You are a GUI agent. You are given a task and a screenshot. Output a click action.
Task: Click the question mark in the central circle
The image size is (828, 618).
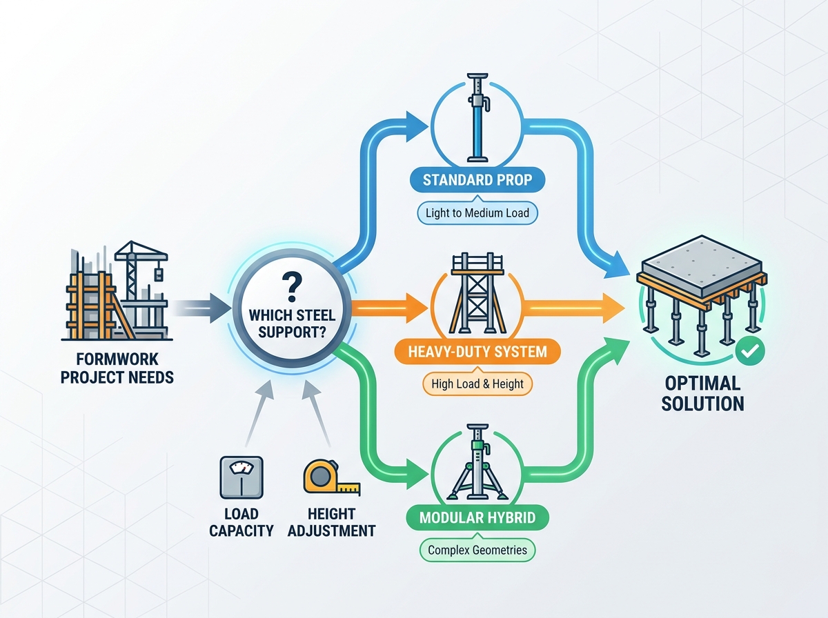292,287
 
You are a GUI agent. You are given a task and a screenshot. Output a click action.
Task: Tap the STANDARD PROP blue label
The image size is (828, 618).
477,180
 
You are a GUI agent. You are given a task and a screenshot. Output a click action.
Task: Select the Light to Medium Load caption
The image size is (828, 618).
477,213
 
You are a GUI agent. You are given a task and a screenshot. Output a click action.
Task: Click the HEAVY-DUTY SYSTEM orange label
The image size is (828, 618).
477,352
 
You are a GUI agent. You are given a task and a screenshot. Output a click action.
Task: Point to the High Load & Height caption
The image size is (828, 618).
477,384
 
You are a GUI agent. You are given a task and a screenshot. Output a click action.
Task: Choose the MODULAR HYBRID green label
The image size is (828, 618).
477,518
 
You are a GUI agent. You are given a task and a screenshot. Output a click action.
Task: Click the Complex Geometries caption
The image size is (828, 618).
477,550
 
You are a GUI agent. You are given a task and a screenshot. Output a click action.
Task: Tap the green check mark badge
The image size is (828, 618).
750,351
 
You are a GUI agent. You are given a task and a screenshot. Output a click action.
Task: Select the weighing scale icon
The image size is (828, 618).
241,477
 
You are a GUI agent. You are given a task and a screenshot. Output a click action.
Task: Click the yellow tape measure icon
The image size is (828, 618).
331,477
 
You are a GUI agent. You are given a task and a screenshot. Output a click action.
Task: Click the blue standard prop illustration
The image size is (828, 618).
477,118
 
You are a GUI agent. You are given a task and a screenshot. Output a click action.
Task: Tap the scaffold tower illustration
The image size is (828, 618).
477,293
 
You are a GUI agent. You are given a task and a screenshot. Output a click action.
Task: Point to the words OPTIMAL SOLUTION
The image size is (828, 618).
702,394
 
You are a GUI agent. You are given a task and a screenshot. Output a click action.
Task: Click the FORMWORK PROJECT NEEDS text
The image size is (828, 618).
117,368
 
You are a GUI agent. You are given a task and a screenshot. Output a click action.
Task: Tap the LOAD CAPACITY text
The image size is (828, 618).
241,522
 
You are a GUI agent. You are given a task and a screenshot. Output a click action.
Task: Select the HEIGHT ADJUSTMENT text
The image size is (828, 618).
332,522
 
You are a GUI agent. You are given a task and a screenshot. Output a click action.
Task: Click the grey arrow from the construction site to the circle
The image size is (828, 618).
201,308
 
